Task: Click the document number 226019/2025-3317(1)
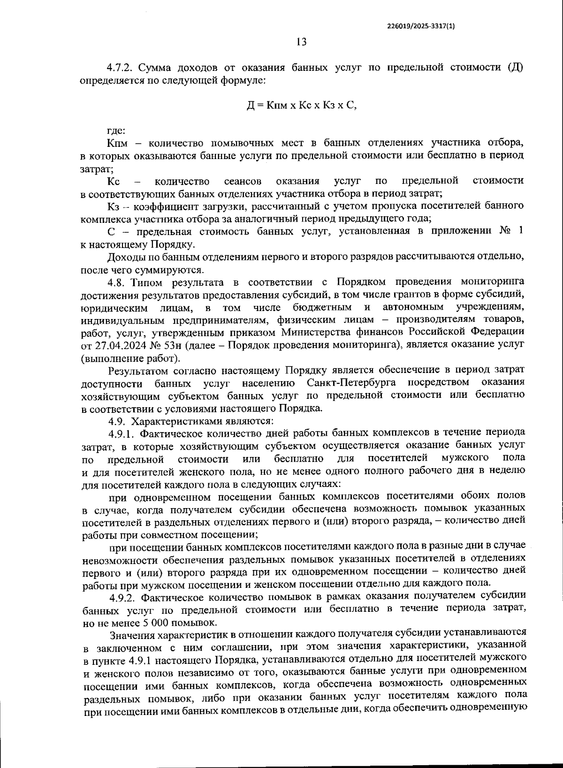point(421,27)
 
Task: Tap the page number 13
point(302,42)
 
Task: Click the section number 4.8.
point(117,282)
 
